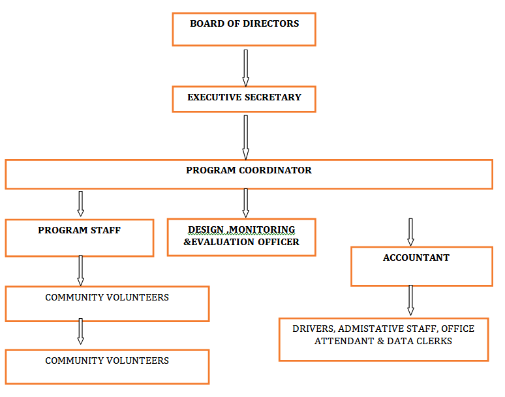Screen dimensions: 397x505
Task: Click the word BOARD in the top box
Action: [x=205, y=23]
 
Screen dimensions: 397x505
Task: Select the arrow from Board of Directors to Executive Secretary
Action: [x=246, y=67]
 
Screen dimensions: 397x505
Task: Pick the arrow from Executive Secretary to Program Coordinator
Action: [x=246, y=137]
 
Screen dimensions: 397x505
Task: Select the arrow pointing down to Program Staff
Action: [x=81, y=203]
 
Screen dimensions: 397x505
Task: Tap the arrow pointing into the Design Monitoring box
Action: [x=246, y=203]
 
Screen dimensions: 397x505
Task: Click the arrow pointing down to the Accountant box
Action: [x=410, y=231]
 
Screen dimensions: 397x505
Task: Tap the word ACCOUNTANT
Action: [x=416, y=257]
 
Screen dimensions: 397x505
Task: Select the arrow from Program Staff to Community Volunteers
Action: [x=81, y=270]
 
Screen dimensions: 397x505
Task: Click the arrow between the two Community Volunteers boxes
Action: [x=81, y=331]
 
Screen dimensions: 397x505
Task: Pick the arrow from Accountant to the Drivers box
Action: [x=410, y=300]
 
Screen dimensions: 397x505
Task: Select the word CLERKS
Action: [x=436, y=341]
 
